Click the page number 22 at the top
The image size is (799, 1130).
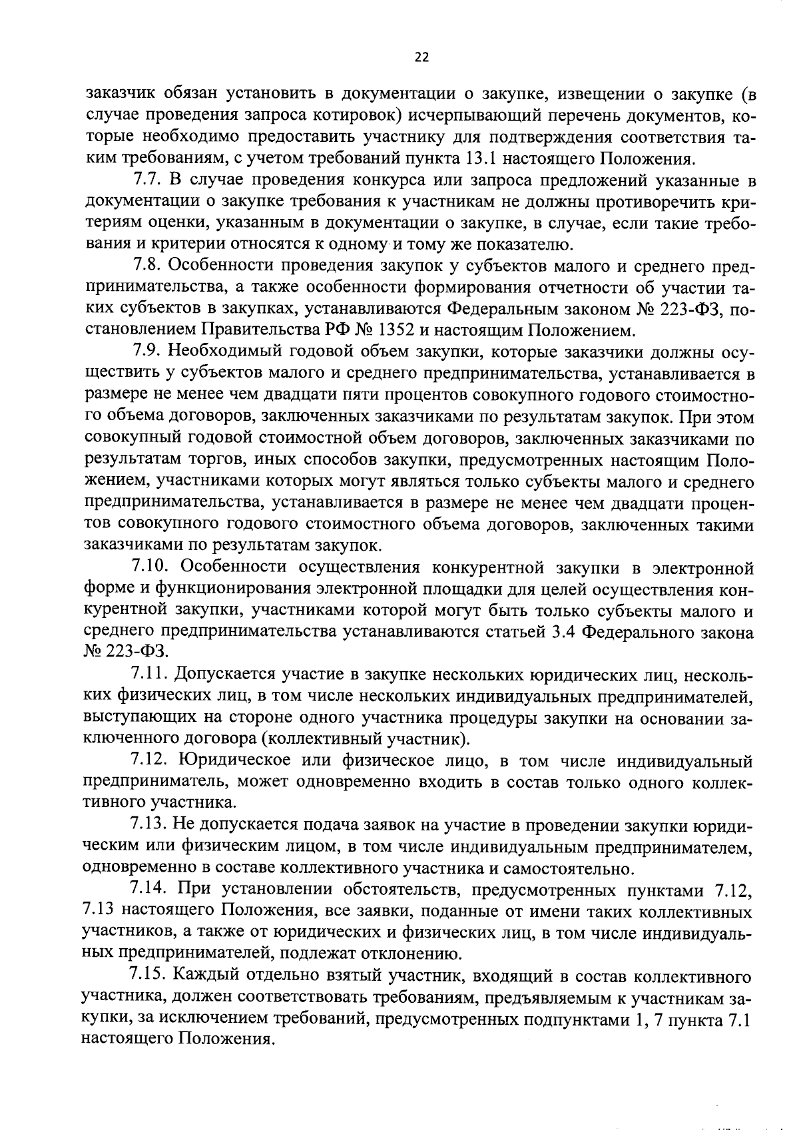(x=421, y=57)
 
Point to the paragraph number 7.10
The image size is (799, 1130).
(x=150, y=567)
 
